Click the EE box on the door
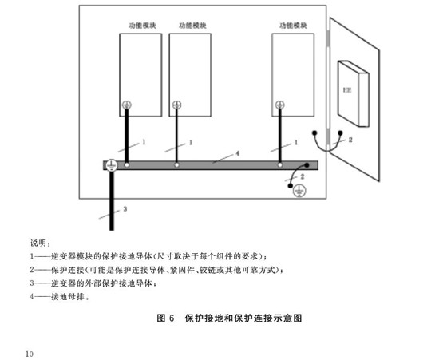point(354,93)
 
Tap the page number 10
point(30,354)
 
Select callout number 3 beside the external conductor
point(125,209)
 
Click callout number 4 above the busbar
point(238,153)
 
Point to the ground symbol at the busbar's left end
point(111,165)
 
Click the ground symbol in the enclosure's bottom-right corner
point(299,191)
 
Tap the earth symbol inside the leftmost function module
point(127,105)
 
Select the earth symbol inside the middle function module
point(176,105)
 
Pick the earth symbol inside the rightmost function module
point(280,105)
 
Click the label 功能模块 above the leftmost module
point(142,26)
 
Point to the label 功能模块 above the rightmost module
point(294,26)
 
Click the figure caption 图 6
point(165,318)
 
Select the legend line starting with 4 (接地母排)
point(60,296)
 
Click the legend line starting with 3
point(93,283)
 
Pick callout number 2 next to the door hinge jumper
point(350,140)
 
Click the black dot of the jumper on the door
point(340,133)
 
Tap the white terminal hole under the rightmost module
point(280,165)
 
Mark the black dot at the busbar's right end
point(307,165)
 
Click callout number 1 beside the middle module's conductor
point(191,142)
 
